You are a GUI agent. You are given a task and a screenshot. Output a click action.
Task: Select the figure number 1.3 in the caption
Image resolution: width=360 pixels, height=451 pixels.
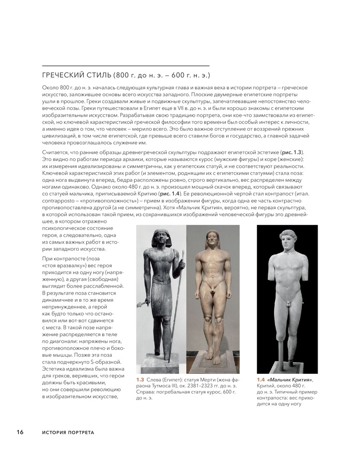(140, 380)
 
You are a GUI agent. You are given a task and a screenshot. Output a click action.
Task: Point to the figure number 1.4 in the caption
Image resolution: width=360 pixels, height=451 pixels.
(260, 380)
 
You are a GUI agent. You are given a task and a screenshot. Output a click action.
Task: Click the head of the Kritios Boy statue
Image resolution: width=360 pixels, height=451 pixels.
(286, 245)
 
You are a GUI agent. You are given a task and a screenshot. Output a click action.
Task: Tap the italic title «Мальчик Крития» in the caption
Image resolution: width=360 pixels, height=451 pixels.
(290, 380)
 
